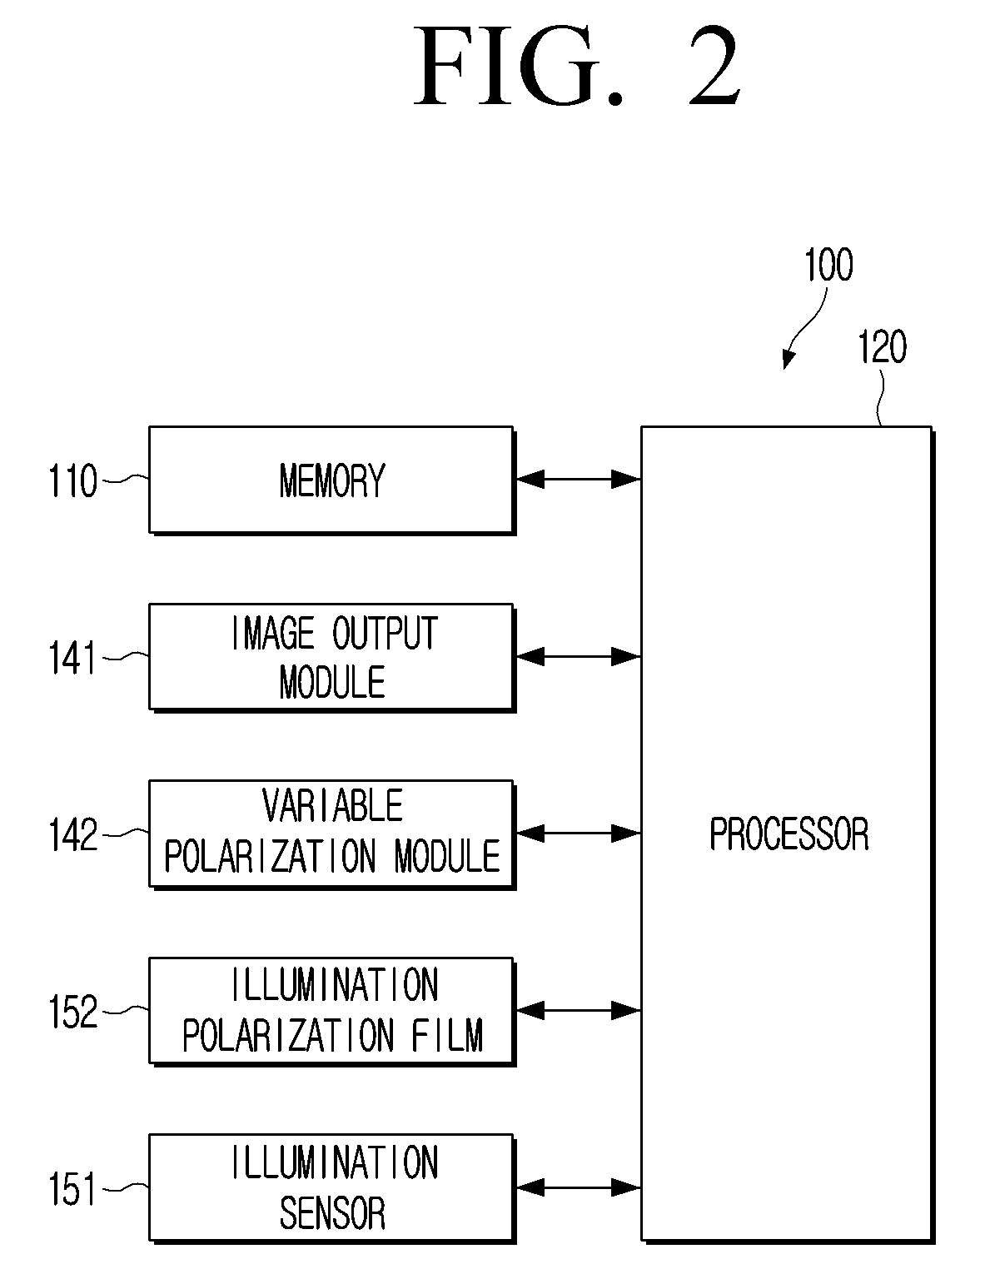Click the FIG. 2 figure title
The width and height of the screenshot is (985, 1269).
click(578, 67)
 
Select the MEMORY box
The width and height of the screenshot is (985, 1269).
click(331, 480)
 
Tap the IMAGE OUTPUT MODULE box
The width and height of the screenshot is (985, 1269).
click(331, 658)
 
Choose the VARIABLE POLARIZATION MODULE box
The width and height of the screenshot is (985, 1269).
click(331, 834)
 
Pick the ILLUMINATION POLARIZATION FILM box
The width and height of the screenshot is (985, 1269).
click(331, 1012)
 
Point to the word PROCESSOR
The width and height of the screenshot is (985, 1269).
click(788, 834)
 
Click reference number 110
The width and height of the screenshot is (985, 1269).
click(72, 480)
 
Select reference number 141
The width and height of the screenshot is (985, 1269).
click(72, 658)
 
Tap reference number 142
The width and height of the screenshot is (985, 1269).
click(72, 835)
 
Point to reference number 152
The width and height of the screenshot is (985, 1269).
click(72, 1012)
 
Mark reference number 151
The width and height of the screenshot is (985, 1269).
click(72, 1189)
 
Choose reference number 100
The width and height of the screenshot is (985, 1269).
click(828, 265)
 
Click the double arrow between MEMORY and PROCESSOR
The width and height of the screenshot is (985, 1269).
click(578, 480)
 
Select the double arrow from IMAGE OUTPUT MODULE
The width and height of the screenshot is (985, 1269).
click(578, 656)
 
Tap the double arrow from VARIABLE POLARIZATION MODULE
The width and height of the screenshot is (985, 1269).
click(578, 834)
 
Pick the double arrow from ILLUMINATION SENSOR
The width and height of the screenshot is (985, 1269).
click(578, 1187)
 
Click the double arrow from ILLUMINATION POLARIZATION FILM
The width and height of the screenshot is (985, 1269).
click(578, 1010)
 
